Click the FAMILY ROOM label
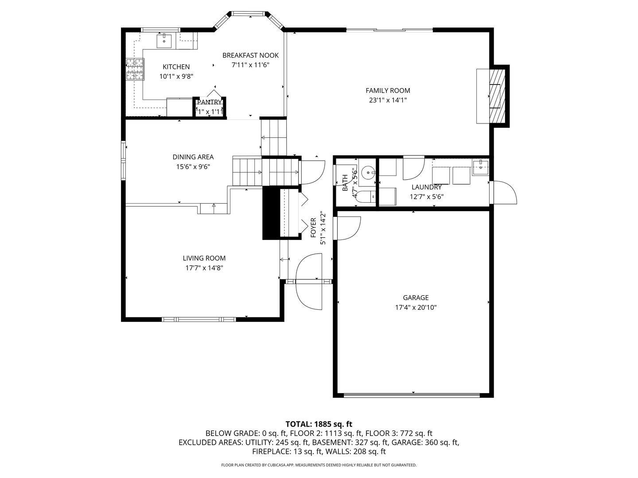(388, 91)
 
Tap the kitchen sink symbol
(164, 41)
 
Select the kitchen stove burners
(135, 69)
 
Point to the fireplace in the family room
(496, 96)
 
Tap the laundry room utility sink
(480, 167)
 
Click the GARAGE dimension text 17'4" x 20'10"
(416, 308)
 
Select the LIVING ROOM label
(204, 258)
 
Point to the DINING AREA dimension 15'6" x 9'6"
(193, 167)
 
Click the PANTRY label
(209, 102)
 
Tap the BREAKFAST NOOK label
(250, 55)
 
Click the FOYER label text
(313, 227)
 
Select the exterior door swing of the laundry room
(505, 193)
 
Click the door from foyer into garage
(348, 227)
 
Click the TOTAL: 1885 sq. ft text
(319, 424)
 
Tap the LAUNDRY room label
(426, 187)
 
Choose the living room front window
(199, 319)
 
